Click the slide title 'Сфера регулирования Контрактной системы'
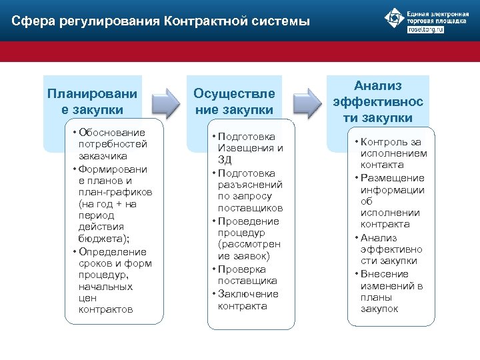click(161, 21)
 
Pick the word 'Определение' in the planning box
click(112, 251)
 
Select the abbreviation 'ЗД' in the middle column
click(225, 160)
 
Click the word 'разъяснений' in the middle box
click(250, 185)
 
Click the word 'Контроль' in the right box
click(385, 141)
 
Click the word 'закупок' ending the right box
click(379, 309)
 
